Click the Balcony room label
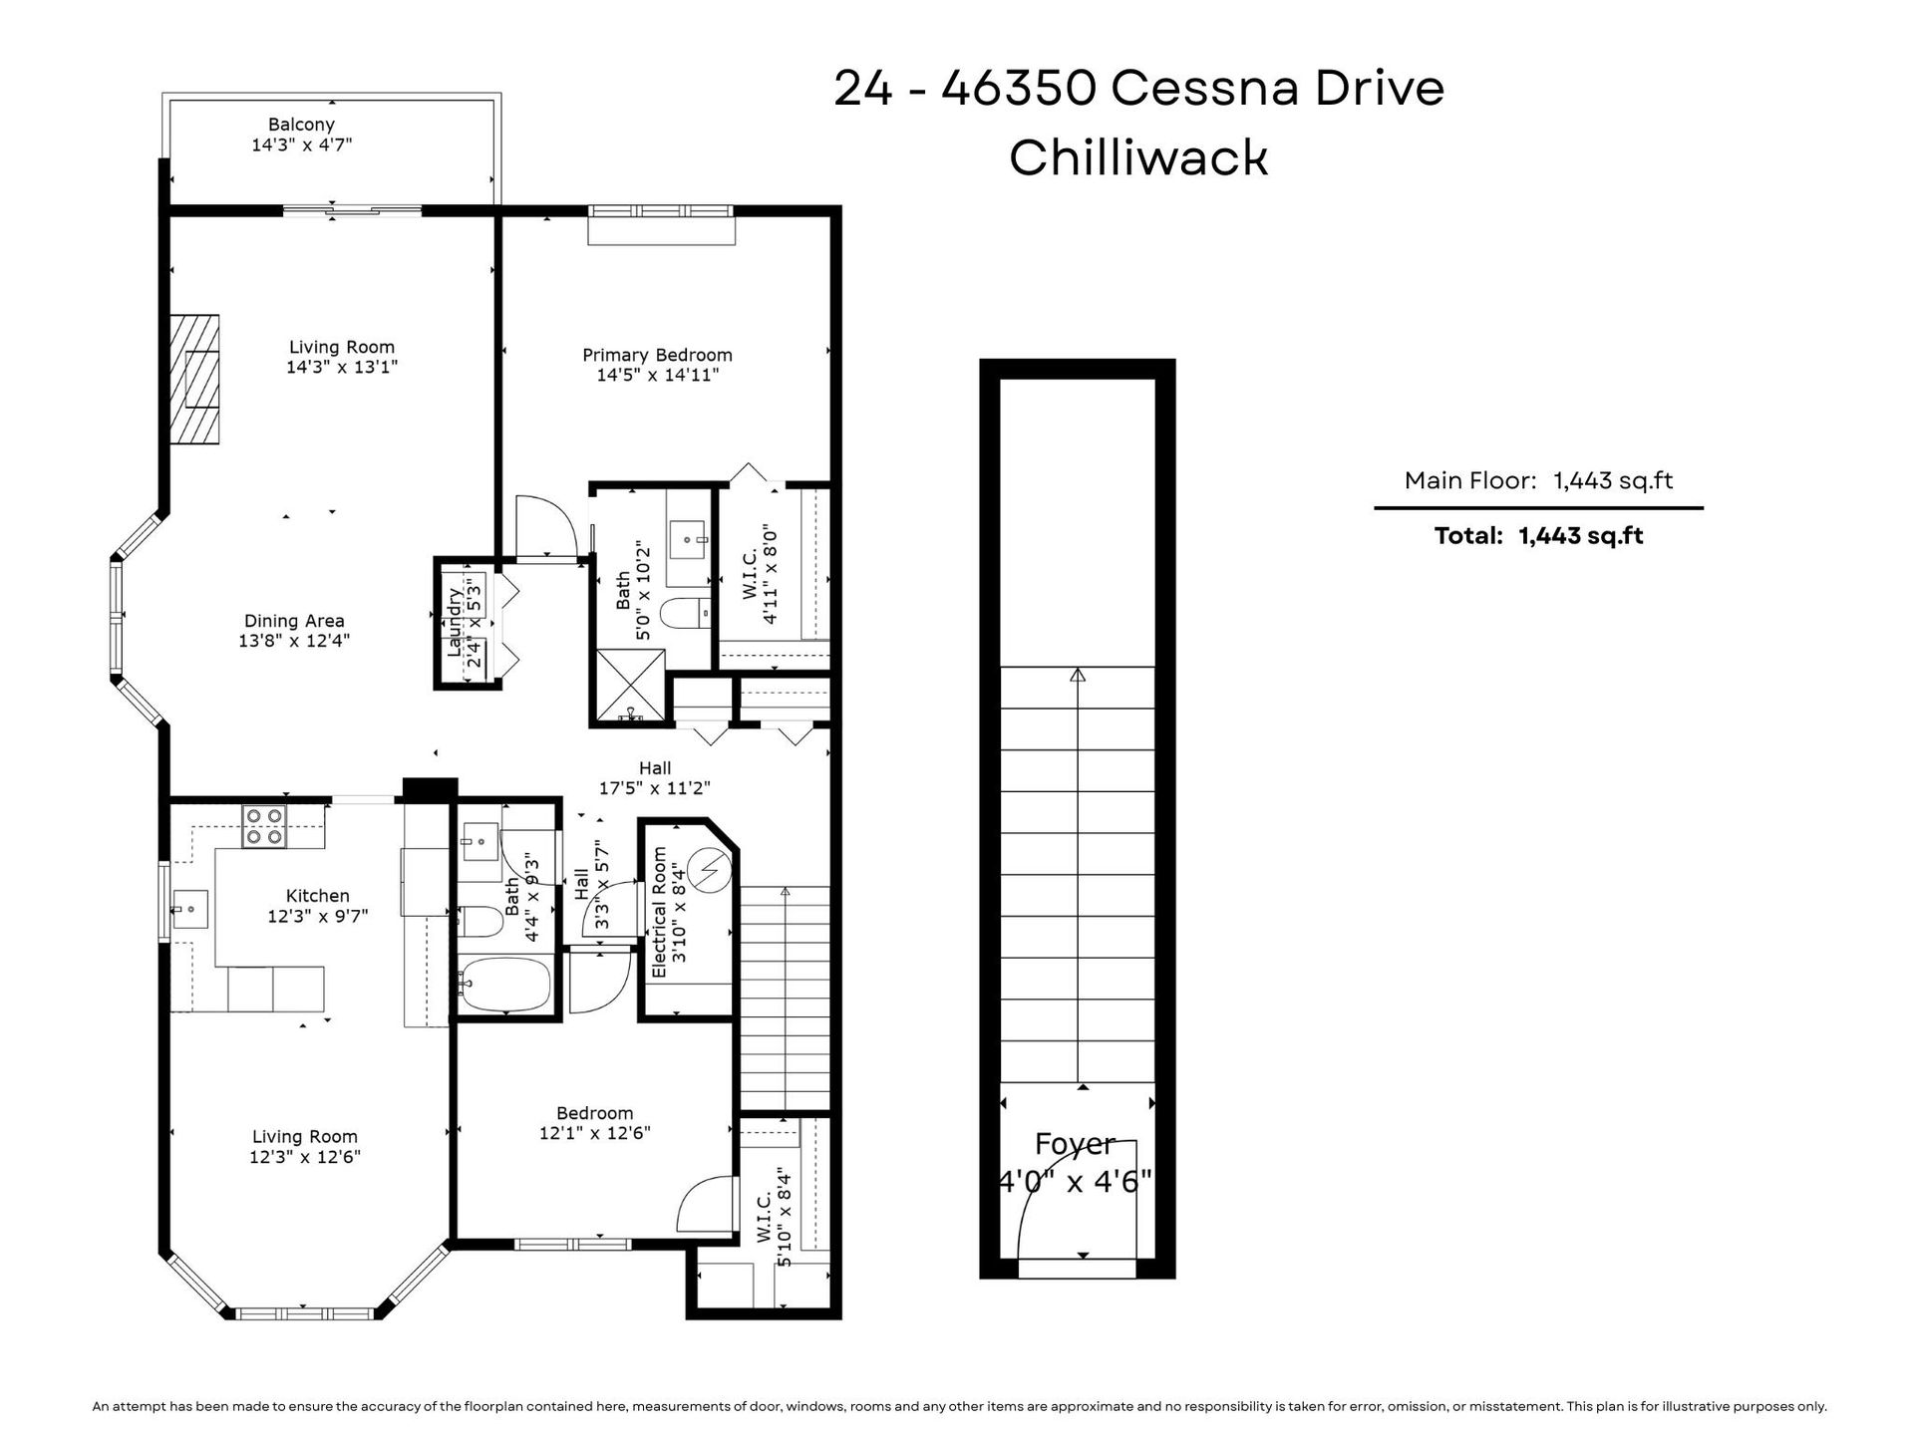click(x=301, y=125)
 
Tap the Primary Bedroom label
click(x=657, y=355)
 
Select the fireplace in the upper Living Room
click(x=193, y=379)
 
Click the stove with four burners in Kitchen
click(x=265, y=826)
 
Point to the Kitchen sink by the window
click(x=189, y=909)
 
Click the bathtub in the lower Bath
click(x=504, y=985)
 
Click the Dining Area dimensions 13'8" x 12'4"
click(x=294, y=641)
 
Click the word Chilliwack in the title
click(x=1138, y=157)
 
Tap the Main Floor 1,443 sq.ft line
click(x=1538, y=480)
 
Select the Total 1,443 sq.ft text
click(x=1538, y=535)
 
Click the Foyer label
click(x=1075, y=1144)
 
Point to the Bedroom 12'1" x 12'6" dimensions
click(x=595, y=1133)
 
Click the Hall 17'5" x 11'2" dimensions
click(x=655, y=788)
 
